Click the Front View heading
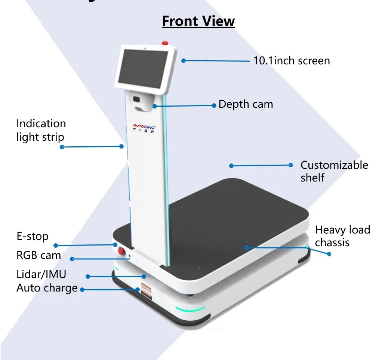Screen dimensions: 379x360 tap(198, 21)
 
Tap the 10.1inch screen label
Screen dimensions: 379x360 tap(292, 61)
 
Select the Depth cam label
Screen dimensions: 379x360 tap(246, 104)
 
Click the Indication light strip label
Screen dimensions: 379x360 tap(41, 130)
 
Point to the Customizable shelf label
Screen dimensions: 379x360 tap(334, 171)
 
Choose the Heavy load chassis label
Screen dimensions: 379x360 tap(342, 236)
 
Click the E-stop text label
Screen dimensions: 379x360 tap(33, 236)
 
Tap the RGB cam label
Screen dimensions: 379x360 tap(38, 255)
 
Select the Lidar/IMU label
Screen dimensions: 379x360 tap(41, 274)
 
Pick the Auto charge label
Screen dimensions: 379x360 tap(47, 288)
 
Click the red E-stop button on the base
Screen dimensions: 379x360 tap(121, 251)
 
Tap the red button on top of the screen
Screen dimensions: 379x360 tap(165, 43)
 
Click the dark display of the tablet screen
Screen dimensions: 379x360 tap(142, 68)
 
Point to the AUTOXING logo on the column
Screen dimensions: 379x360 tap(146, 126)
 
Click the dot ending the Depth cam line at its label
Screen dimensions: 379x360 tap(214, 106)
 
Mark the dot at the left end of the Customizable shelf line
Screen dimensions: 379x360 tap(231, 165)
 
